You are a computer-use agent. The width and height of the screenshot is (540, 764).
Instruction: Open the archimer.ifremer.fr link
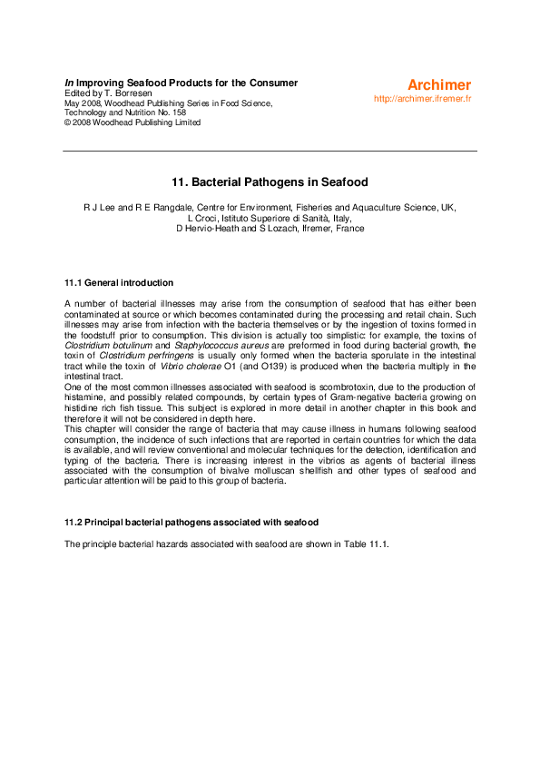point(423,98)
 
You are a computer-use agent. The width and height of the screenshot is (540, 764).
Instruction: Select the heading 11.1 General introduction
point(119,283)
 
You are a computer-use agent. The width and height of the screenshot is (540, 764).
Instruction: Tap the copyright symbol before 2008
point(67,123)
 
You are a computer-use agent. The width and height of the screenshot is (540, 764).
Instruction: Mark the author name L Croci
point(206,219)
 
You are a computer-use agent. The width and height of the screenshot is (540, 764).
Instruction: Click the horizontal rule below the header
point(270,151)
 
